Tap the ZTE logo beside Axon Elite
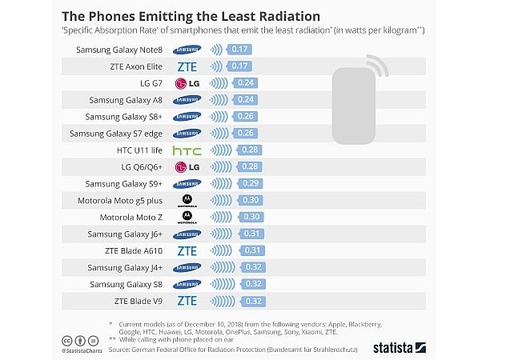pos(187,66)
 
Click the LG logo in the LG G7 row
pos(187,82)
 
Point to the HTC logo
pos(187,150)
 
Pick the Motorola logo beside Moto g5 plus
pos(187,200)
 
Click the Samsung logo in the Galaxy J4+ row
pos(187,267)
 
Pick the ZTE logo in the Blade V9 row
pos(187,301)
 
